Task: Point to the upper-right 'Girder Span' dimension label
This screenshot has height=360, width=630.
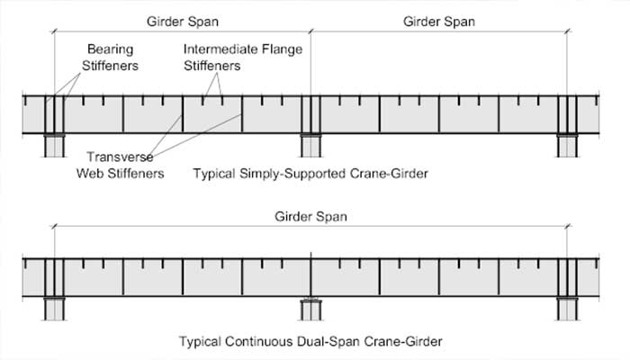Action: tap(438, 19)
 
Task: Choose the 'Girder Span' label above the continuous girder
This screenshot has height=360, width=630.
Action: tap(311, 216)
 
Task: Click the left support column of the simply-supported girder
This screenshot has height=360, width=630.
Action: tap(54, 147)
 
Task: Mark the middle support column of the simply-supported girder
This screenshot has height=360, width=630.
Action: tap(310, 147)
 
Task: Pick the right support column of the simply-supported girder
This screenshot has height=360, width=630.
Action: tap(567, 147)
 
